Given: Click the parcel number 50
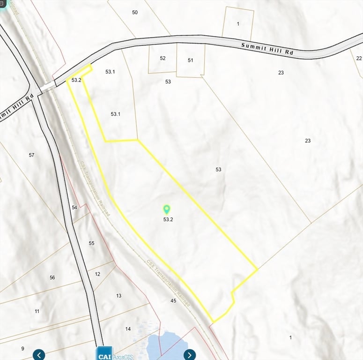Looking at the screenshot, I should [x=135, y=12].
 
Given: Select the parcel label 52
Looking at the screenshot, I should [x=163, y=58].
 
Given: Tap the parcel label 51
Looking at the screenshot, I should [x=191, y=60].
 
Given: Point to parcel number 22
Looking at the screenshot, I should [x=359, y=58].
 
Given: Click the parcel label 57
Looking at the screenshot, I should [x=31, y=155].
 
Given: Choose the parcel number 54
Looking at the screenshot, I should [x=74, y=207].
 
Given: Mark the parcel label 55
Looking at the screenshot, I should [x=91, y=243].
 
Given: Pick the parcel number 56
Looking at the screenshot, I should [x=52, y=277].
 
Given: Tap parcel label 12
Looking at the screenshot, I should [x=97, y=274].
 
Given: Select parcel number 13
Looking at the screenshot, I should [x=119, y=296].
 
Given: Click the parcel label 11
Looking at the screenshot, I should [x=37, y=311].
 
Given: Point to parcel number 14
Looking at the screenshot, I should [x=128, y=329].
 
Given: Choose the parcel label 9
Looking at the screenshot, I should [x=22, y=348].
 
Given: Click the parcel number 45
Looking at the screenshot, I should [x=173, y=300].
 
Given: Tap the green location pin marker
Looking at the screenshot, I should [x=167, y=210].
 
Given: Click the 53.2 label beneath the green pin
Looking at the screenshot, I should [x=168, y=219].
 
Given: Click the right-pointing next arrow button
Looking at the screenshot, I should [x=189, y=354].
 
